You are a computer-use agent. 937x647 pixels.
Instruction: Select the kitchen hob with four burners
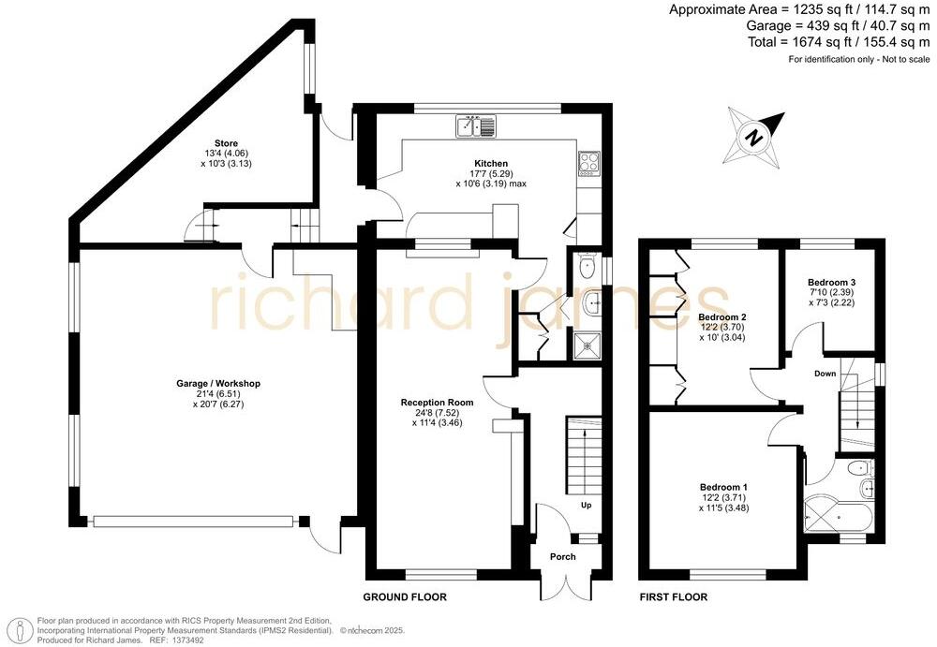[587, 163]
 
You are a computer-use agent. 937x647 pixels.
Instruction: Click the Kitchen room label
[491, 164]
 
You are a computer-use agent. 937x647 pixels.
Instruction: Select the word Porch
[563, 558]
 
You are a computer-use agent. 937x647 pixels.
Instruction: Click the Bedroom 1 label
[723, 488]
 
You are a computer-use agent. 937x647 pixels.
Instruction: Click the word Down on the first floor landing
[825, 374]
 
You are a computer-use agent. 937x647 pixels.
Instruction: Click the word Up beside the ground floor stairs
[587, 506]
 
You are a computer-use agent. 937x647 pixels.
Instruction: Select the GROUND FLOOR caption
[405, 597]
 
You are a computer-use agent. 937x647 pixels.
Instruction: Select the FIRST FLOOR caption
[673, 597]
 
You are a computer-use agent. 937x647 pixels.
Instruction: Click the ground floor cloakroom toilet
[587, 267]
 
